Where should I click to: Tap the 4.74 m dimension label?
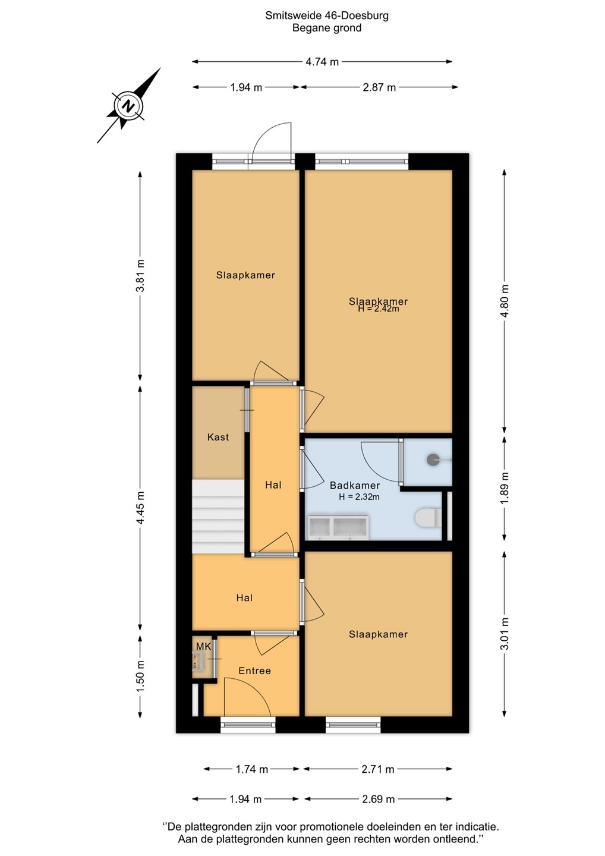pos(322,62)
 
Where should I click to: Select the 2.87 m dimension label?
pos(379,87)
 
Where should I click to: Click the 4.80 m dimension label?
pos(505,301)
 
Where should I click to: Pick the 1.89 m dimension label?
pos(505,489)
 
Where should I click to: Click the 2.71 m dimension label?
pos(377,769)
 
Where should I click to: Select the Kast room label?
pos(218,437)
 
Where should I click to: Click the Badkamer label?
pos(355,486)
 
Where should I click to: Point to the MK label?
pos(204,647)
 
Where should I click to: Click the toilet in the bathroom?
pos(428,518)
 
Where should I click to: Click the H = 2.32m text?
pos(359,497)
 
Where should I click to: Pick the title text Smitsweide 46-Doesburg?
pos(327,15)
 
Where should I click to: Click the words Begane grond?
pos(327,28)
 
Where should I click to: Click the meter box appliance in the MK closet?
pos(198,662)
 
